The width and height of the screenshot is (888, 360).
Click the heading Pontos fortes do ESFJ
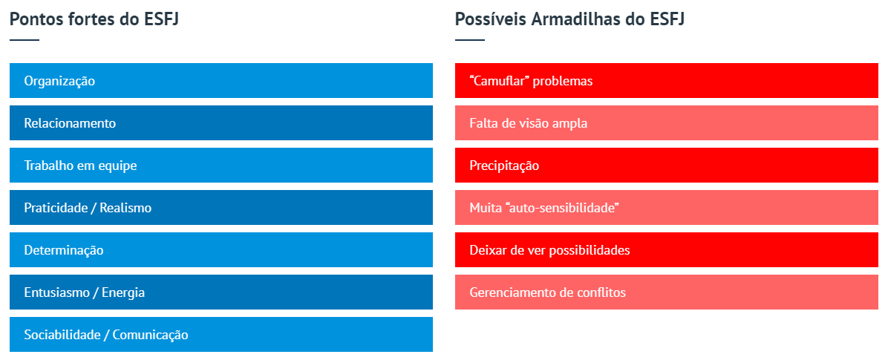(x=94, y=19)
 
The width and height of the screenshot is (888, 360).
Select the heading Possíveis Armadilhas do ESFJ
(x=569, y=19)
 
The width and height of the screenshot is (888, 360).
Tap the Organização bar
(x=221, y=80)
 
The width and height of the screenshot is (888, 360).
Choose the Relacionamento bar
(x=221, y=122)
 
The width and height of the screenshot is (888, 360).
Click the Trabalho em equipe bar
(x=221, y=166)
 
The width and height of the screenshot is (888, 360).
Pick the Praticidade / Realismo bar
(x=221, y=208)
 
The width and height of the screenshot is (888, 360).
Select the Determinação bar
(x=221, y=249)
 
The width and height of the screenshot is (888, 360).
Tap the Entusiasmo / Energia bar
(x=221, y=292)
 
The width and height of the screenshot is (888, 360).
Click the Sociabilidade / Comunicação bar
(x=221, y=335)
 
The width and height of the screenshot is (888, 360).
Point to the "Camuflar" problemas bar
(x=667, y=80)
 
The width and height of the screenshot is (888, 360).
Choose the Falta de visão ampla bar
(x=667, y=122)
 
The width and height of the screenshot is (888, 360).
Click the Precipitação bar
(x=667, y=166)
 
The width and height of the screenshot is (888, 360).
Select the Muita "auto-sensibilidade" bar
(x=667, y=208)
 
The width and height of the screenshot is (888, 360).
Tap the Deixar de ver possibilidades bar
(x=667, y=249)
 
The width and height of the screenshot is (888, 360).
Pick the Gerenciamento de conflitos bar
(x=667, y=292)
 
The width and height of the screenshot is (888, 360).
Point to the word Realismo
(x=125, y=208)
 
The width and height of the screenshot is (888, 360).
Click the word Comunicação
(x=151, y=335)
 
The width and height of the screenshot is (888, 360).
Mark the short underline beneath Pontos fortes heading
(x=25, y=40)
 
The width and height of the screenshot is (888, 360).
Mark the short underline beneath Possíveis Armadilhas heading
(x=470, y=40)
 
